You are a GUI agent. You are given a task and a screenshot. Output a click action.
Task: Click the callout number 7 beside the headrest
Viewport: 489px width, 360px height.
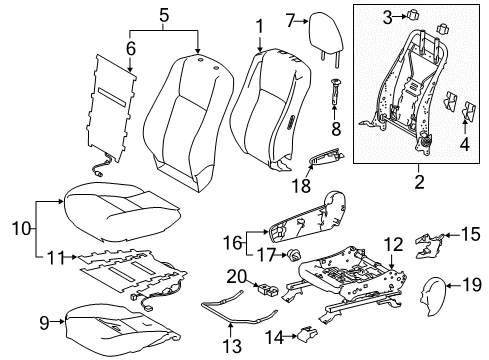coord(291,21)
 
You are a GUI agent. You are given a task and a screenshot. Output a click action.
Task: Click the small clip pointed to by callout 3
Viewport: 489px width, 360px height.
coord(412,15)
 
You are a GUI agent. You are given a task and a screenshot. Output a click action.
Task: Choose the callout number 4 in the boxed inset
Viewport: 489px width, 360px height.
coord(465,145)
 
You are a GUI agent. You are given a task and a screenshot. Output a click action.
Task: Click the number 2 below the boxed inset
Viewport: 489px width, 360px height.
coord(419,182)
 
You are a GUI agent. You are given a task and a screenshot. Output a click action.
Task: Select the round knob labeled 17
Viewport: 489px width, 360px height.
coord(294,256)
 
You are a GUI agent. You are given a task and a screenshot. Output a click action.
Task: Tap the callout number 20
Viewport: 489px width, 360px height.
coord(236,277)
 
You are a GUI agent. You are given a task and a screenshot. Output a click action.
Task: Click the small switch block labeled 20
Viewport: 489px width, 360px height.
coord(268,289)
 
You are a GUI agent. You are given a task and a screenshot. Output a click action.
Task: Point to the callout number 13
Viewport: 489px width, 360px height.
coord(232,346)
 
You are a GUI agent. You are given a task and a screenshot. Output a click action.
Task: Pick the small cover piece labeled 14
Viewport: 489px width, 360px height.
coord(306,334)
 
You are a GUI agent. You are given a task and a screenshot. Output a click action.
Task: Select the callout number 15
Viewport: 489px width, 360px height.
coord(471,234)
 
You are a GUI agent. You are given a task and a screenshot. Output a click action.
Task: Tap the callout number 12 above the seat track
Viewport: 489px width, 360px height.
coord(394,244)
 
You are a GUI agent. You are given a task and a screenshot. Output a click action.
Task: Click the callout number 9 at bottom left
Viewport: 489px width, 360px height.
coord(44,323)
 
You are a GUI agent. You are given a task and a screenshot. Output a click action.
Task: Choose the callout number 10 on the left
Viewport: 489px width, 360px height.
coord(21,229)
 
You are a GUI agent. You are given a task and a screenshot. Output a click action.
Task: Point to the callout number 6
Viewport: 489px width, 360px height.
coord(131,49)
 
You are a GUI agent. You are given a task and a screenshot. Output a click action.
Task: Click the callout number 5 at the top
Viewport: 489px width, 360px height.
coord(164,16)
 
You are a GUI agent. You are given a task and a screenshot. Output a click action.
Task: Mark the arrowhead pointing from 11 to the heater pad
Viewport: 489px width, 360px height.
coord(75,257)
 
